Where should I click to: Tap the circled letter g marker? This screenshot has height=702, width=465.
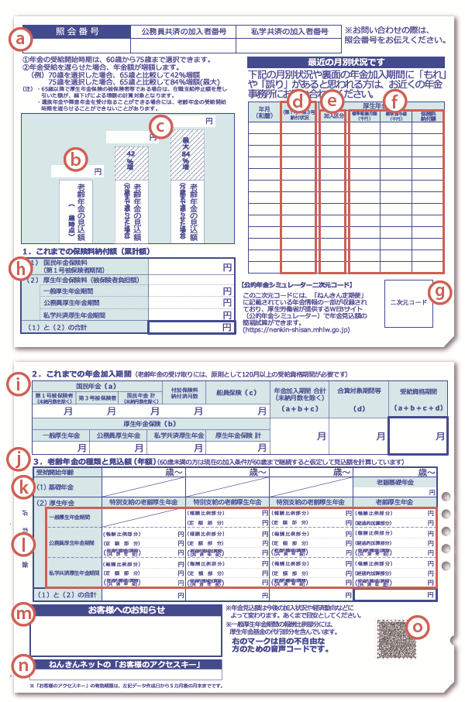pyautogui.click(x=439, y=291)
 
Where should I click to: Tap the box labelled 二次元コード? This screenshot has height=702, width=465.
pyautogui.click(x=408, y=301)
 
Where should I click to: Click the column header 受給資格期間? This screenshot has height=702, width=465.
pyautogui.click(x=418, y=391)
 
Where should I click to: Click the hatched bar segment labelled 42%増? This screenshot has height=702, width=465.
pyautogui.click(x=129, y=165)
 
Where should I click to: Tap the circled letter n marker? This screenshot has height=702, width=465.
pyautogui.click(x=24, y=666)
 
